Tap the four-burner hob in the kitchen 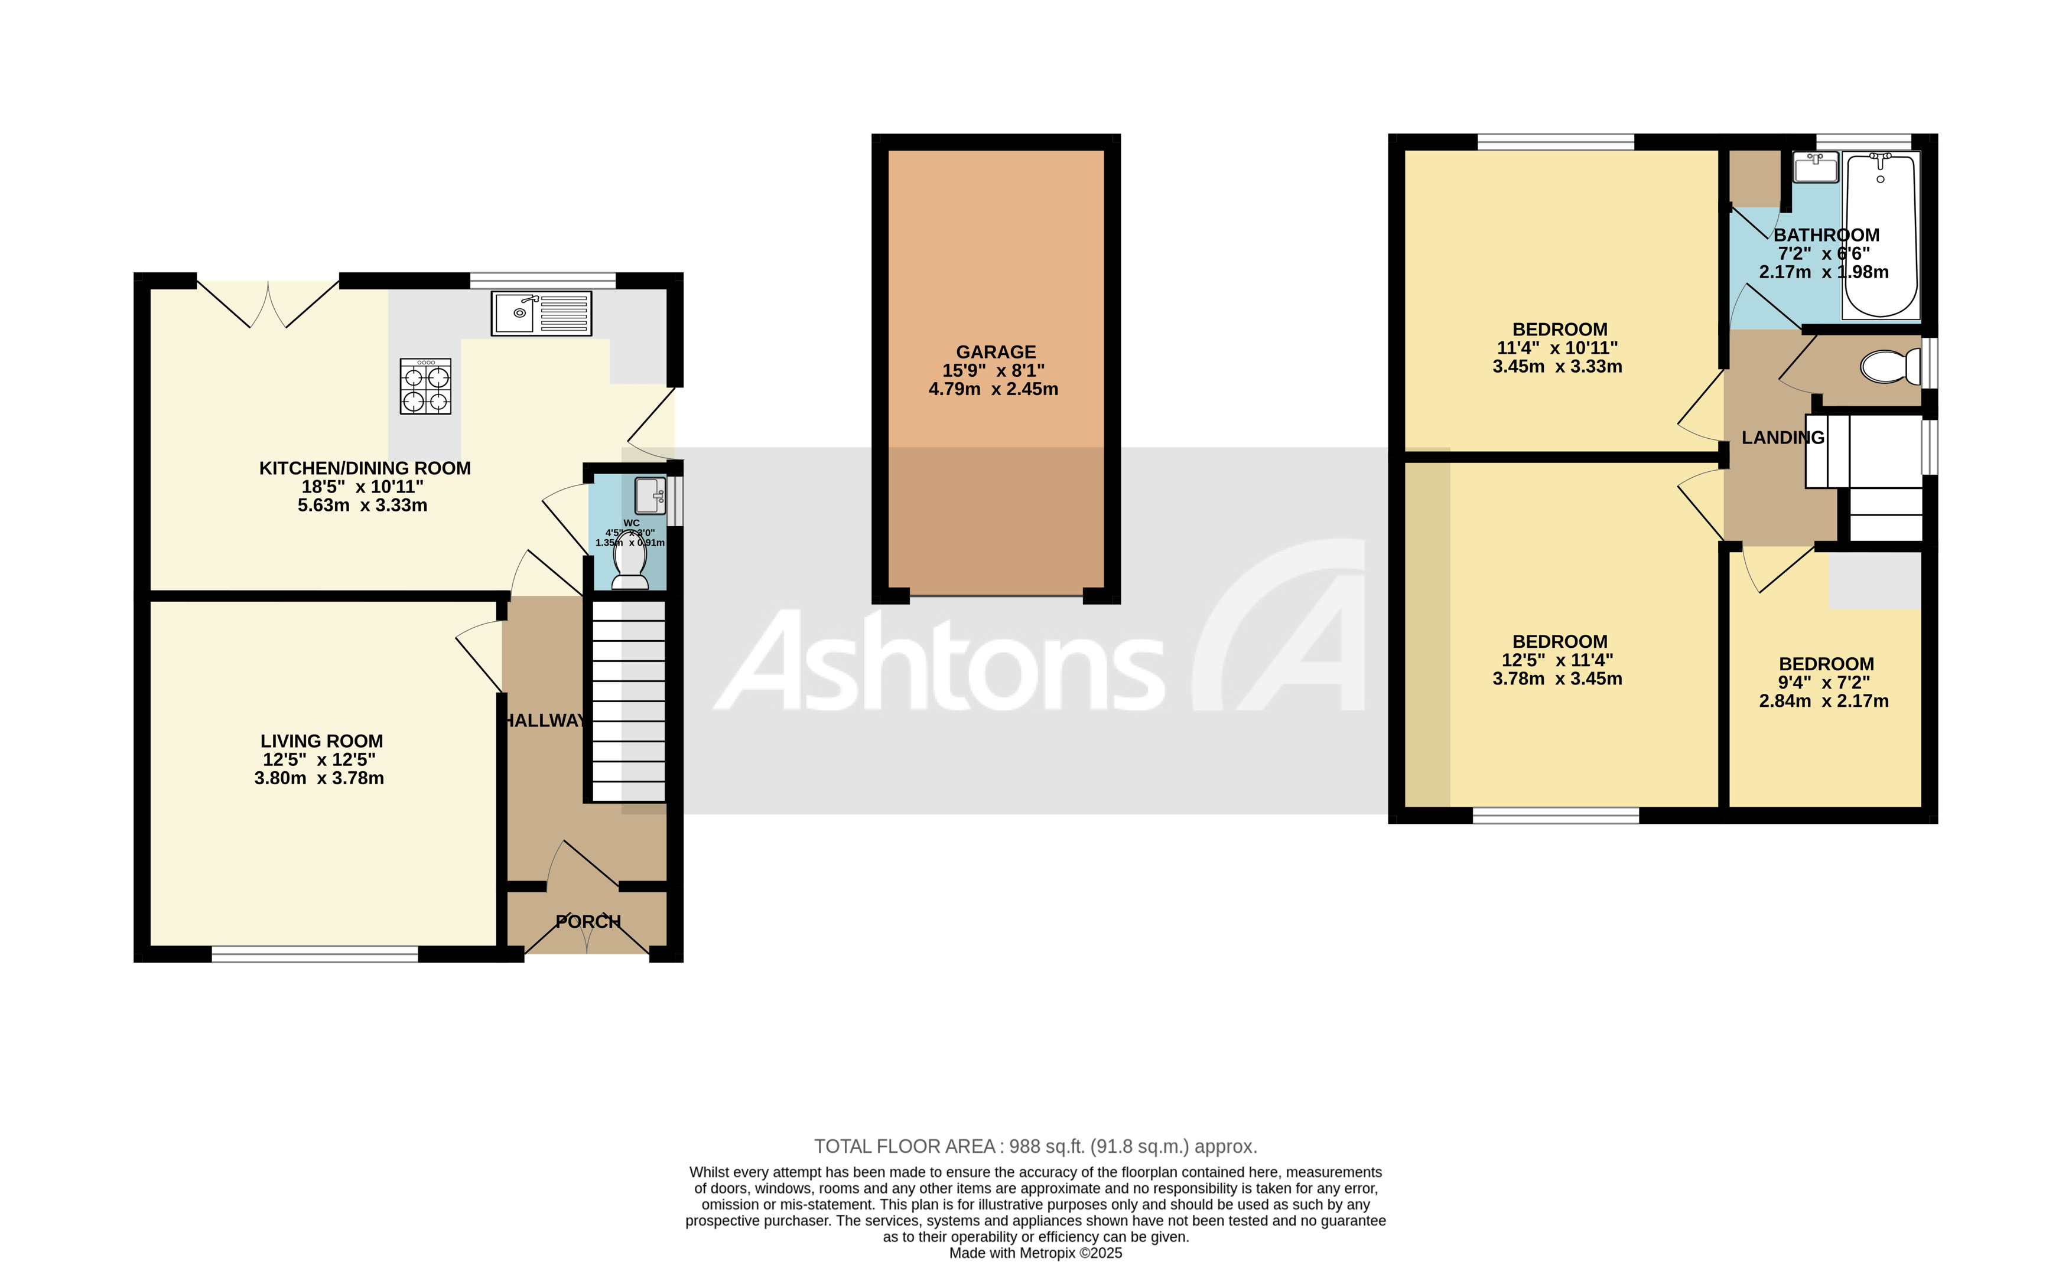(425, 386)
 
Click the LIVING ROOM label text (321, 741)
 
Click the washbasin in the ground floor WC (650, 495)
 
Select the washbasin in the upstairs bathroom (1814, 167)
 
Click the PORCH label (588, 921)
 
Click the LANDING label (1782, 437)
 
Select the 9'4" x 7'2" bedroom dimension (1823, 683)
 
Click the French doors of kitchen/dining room (268, 303)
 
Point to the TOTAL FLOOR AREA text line (1035, 1146)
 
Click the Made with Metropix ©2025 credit (1035, 1253)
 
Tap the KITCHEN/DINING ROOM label (364, 468)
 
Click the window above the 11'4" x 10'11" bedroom (1555, 141)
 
